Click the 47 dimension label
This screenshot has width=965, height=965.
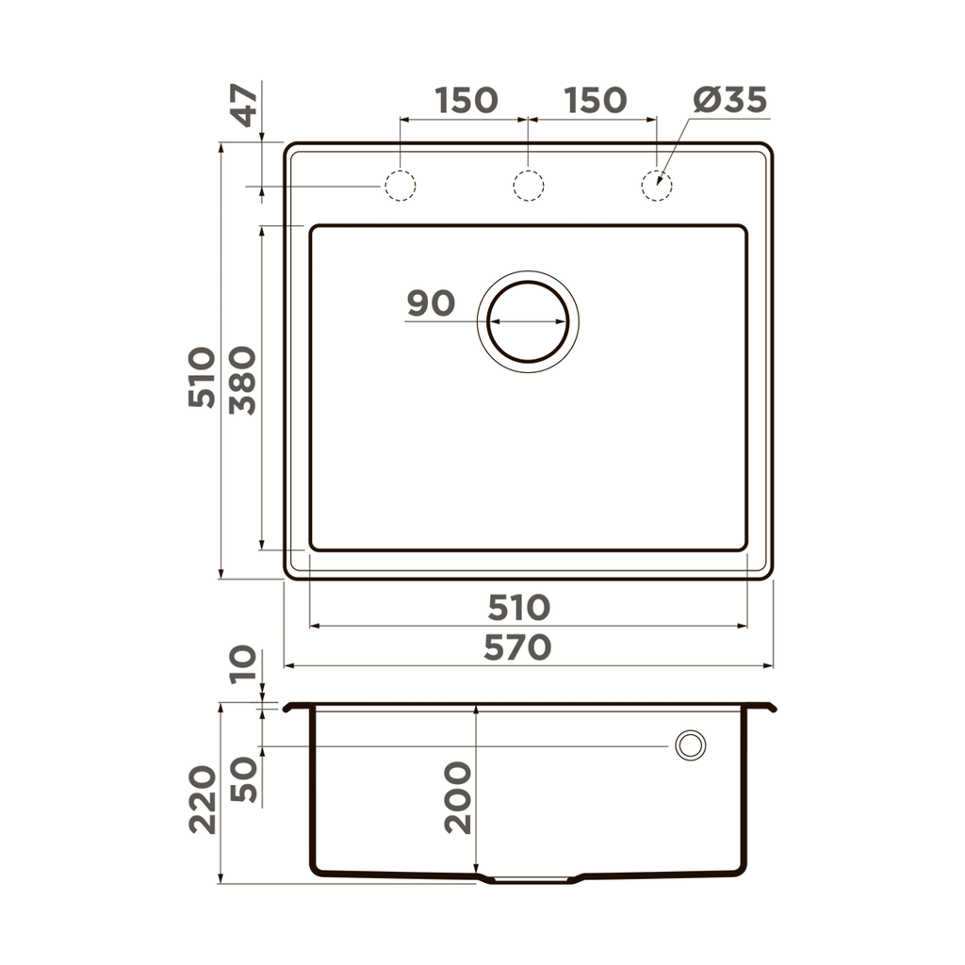click(x=244, y=105)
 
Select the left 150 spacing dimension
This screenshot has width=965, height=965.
click(x=466, y=100)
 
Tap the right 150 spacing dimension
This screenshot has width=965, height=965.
click(x=596, y=100)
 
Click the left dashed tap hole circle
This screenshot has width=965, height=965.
click(x=400, y=186)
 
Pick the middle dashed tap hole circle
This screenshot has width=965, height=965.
click(x=528, y=186)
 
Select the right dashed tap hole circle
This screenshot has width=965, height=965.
click(x=656, y=186)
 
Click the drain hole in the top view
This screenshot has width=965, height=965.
click(x=528, y=320)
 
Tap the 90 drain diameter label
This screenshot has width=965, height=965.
click(x=431, y=303)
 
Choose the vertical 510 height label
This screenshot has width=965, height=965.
click(x=202, y=377)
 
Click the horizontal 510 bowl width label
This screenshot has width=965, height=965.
click(x=518, y=608)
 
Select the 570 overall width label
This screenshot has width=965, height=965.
click(x=518, y=648)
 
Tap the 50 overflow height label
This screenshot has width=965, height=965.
click(x=243, y=778)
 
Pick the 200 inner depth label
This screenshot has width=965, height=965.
click(x=458, y=797)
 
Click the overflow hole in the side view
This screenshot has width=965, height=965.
click(x=690, y=745)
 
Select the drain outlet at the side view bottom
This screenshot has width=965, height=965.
click(x=531, y=879)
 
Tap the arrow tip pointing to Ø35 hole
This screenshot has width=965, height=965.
click(x=660, y=182)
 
